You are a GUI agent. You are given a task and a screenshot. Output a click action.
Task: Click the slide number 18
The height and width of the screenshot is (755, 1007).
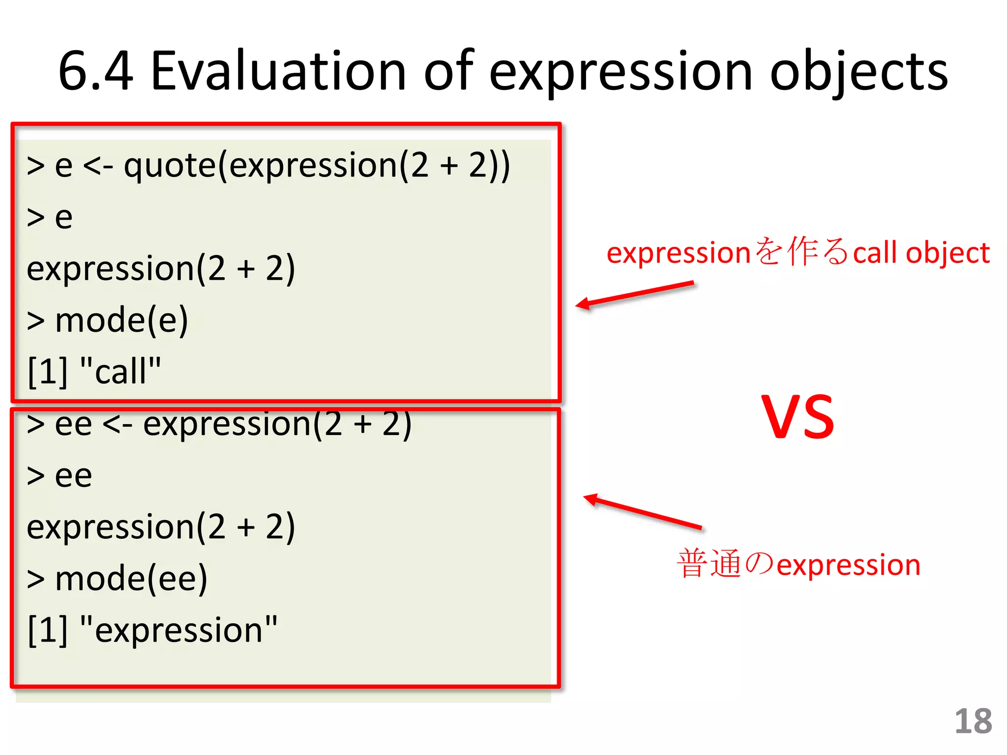tap(973, 722)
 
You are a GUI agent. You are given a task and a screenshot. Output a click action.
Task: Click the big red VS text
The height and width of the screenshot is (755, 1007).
tap(798, 418)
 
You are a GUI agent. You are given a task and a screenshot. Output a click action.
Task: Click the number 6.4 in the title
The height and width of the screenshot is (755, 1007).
tap(96, 71)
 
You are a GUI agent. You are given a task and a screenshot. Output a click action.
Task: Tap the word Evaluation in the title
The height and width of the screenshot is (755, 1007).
tap(278, 71)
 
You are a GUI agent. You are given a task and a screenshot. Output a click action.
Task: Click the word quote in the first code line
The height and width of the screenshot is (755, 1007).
tap(170, 166)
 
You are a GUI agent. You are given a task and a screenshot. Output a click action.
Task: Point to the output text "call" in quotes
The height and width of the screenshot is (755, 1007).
tap(120, 371)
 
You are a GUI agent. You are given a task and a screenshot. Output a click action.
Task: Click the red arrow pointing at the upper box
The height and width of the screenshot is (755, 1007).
tap(634, 294)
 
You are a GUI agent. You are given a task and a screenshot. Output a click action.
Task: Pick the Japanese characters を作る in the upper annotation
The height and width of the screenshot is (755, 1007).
tap(802, 252)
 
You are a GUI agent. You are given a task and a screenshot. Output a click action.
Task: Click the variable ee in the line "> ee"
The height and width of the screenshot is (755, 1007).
tap(73, 476)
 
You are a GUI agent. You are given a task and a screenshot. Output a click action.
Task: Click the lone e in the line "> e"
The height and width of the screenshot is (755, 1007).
tap(64, 218)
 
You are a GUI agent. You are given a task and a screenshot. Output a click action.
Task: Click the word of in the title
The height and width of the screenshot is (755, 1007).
tap(448, 71)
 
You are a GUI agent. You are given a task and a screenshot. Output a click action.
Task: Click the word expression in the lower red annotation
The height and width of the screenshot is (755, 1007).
tap(849, 565)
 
